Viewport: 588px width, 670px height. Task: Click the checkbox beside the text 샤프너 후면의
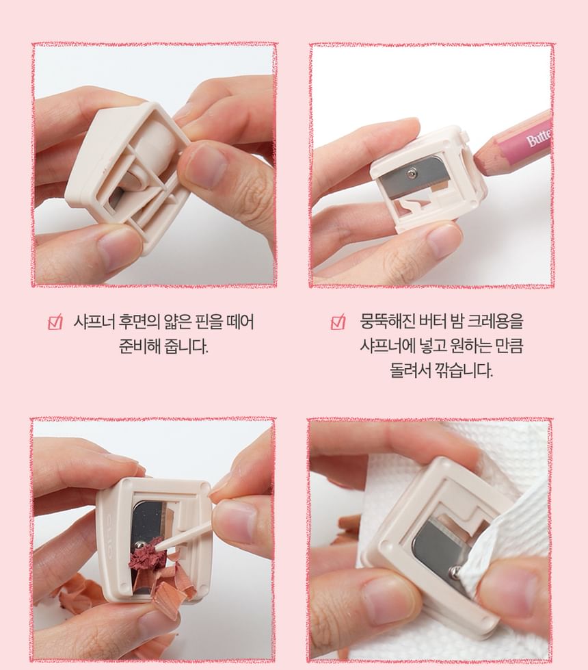point(55,322)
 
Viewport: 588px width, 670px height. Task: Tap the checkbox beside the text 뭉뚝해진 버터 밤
point(338,322)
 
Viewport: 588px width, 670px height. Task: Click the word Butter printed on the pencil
point(539,138)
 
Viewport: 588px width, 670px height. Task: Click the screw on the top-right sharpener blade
point(412,172)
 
